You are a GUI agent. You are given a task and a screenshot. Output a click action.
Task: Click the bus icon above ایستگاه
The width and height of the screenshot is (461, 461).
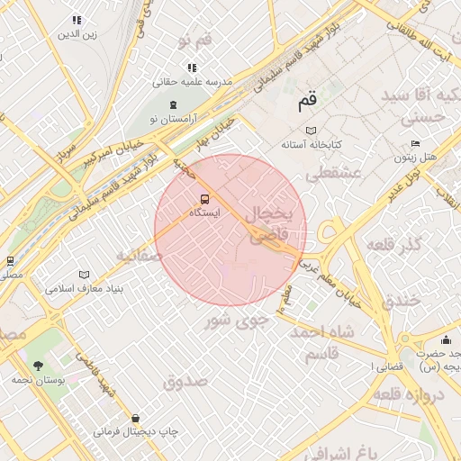[203, 199]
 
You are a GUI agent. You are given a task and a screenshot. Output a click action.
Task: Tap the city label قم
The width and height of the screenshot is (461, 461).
[309, 102]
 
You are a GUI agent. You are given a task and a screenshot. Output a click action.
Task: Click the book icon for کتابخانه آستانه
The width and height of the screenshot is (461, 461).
[312, 131]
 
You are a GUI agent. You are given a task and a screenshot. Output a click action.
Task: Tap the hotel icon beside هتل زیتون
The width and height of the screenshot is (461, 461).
[415, 143]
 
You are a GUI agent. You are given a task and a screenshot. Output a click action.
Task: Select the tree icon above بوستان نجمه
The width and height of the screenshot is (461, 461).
[38, 365]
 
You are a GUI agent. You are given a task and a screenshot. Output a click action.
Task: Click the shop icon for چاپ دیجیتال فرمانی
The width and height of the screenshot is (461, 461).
[135, 418]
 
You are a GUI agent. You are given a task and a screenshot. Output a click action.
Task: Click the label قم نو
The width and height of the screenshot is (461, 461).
[194, 41]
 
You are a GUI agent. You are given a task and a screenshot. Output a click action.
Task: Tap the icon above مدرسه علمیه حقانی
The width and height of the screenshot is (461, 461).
[191, 68]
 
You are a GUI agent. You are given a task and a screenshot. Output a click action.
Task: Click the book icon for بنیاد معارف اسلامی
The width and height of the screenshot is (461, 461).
[84, 275]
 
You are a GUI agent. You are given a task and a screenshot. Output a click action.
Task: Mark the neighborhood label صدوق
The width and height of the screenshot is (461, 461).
[185, 381]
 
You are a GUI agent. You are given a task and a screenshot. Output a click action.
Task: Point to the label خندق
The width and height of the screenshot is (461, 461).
[402, 300]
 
